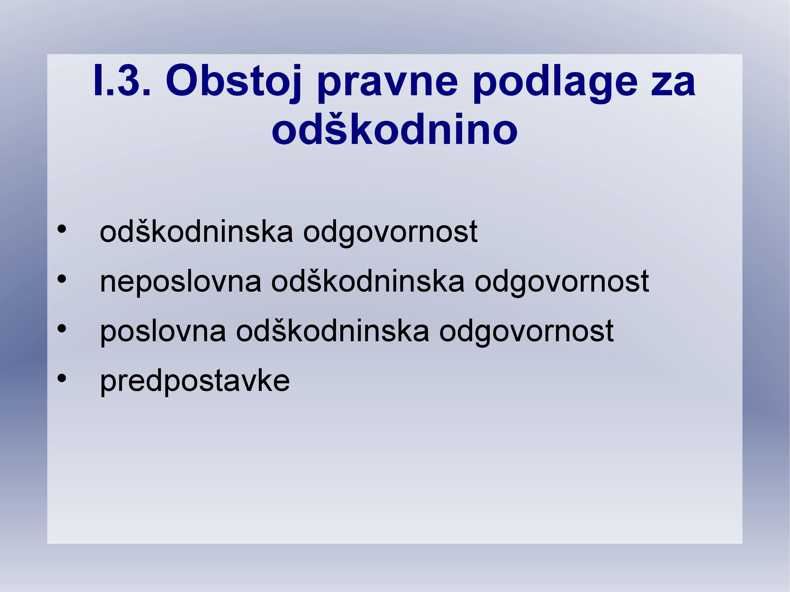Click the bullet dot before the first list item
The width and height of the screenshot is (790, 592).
click(x=62, y=229)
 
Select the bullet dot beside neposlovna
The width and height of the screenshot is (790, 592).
click(x=62, y=279)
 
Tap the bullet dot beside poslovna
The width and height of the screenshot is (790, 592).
click(x=62, y=329)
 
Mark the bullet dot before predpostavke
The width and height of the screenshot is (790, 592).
click(x=62, y=378)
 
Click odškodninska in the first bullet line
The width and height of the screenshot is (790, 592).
click(x=197, y=231)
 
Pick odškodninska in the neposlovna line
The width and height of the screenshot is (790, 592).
click(x=368, y=281)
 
